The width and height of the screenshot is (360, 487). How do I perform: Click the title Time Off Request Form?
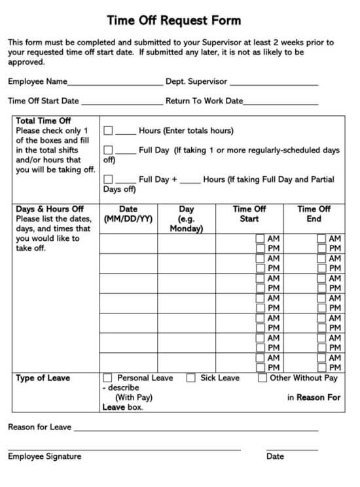[173, 20]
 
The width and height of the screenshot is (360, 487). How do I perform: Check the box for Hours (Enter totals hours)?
[108, 131]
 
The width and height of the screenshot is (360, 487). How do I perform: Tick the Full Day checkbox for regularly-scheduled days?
[108, 150]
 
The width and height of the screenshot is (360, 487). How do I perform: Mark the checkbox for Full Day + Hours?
[108, 179]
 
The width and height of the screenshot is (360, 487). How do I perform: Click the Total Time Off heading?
[43, 121]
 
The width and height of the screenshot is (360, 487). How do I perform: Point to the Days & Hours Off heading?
[50, 209]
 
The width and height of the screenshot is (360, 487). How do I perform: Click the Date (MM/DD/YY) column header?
[128, 214]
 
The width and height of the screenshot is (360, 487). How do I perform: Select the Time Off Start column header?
[249, 214]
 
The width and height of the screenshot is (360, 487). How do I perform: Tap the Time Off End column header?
[314, 214]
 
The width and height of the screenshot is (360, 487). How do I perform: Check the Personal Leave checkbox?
[108, 378]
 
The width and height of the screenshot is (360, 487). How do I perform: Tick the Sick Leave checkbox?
[191, 378]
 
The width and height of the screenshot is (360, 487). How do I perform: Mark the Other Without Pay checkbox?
[262, 378]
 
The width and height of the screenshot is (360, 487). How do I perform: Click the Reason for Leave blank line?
[196, 429]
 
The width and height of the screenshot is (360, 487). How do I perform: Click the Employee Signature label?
[45, 456]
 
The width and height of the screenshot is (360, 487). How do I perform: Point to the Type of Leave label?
[43, 378]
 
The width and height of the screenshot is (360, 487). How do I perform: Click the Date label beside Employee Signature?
[275, 456]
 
